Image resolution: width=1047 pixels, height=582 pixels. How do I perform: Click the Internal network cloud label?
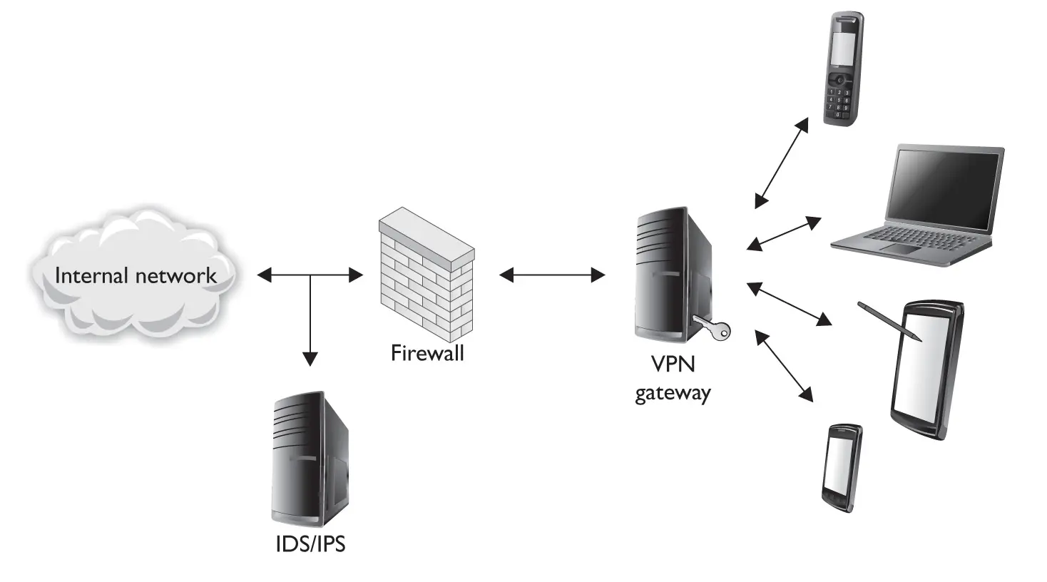(136, 276)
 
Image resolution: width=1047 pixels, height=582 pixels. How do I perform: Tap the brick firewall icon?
(427, 275)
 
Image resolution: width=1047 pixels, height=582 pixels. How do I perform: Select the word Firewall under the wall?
(427, 352)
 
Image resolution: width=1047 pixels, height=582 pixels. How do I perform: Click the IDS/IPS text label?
(310, 544)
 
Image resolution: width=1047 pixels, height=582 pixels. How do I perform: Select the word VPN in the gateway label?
(673, 364)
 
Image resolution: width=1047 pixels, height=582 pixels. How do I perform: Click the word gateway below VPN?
(673, 393)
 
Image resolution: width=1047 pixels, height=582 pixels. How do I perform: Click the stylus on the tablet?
(889, 321)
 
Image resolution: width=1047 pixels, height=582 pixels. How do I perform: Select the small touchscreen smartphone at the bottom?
(842, 467)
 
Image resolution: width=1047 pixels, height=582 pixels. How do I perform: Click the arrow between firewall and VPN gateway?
(552, 275)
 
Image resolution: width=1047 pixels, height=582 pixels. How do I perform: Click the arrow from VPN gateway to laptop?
(784, 234)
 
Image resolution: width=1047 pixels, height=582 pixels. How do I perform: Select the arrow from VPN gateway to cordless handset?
(782, 163)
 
